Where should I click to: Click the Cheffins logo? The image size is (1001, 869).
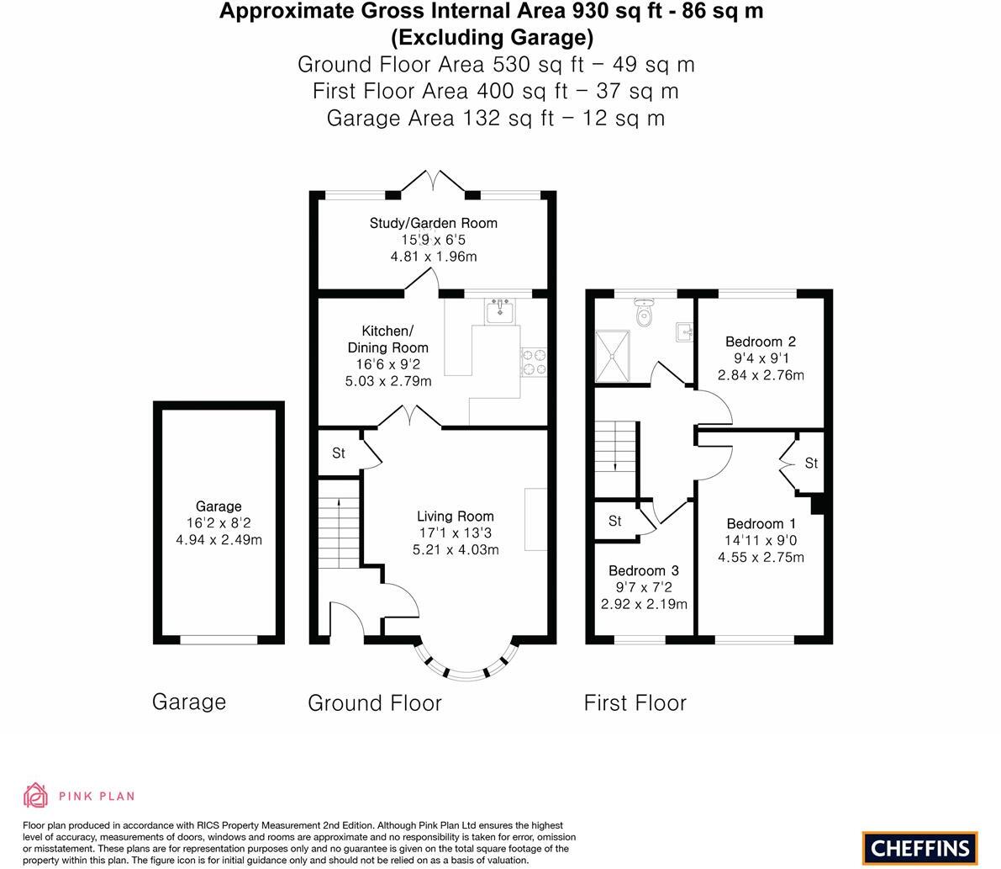[x=920, y=848]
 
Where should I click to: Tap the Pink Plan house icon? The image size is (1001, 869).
[x=36, y=795]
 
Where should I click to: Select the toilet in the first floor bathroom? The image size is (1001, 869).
[x=644, y=314]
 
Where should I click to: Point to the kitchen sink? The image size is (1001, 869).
[x=501, y=311]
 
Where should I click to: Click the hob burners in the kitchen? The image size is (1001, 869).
[x=534, y=362]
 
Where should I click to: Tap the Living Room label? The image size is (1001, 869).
[x=455, y=517]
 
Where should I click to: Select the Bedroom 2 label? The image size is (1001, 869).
[x=760, y=342]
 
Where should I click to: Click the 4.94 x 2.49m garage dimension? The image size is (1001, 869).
[x=219, y=540]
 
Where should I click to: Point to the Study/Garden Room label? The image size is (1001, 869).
[x=433, y=223]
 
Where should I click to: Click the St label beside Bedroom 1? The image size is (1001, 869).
[x=811, y=464]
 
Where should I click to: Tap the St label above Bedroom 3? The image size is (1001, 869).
[x=614, y=522]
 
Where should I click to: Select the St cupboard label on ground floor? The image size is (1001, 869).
[x=338, y=453]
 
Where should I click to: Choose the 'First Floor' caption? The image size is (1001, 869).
[x=635, y=703]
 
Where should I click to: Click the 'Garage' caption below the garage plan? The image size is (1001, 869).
[x=188, y=702]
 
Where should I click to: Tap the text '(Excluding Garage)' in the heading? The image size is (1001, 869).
[x=492, y=37]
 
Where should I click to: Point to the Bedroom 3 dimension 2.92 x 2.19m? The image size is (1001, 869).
[x=644, y=604]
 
